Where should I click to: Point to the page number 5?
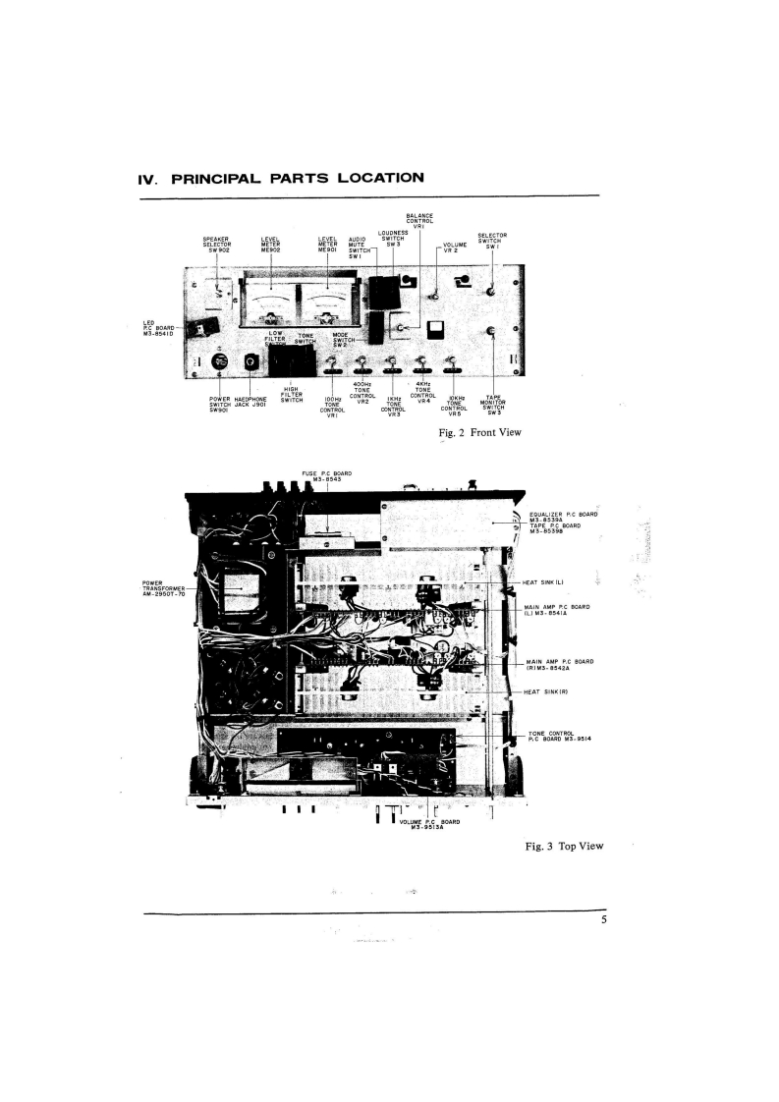click(x=603, y=920)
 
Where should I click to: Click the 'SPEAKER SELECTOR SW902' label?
click(x=216, y=243)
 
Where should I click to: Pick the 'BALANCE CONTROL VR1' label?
click(x=419, y=221)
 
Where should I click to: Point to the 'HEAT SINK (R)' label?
click(x=547, y=691)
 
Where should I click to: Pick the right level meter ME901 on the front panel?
click(x=325, y=302)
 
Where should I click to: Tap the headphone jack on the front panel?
click(x=252, y=363)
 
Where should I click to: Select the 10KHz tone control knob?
click(x=452, y=363)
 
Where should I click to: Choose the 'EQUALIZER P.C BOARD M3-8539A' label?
click(x=563, y=517)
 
